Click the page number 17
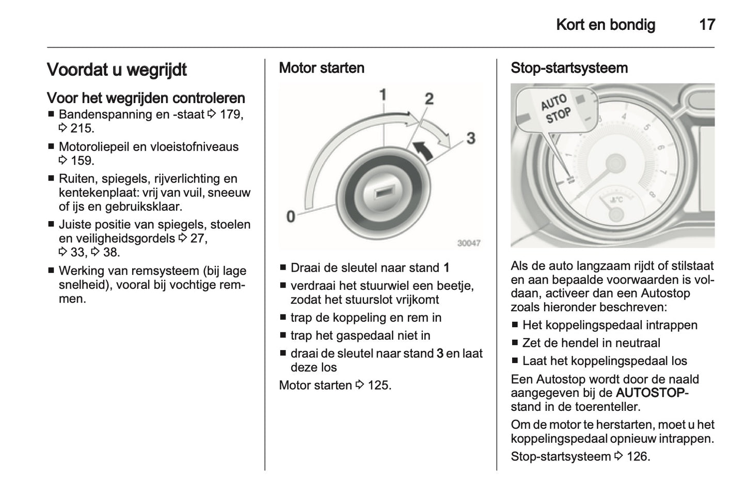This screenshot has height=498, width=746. pos(707,24)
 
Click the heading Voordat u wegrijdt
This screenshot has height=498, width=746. pos(117,70)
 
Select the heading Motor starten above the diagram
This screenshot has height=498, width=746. pos(321,68)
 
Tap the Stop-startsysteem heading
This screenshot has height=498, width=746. pos(569,68)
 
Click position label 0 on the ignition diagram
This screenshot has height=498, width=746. pos(291,216)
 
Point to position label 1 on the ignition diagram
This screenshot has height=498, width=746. pos(383,94)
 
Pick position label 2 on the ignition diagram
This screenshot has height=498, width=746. pos(429,98)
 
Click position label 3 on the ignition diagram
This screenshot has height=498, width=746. pos(470,138)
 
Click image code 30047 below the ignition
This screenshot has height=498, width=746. pos(469,243)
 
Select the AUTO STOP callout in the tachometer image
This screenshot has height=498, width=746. pos(555,109)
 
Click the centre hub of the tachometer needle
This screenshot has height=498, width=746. pos(614,163)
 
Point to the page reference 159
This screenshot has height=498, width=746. pos(82,161)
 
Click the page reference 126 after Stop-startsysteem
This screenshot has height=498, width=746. pos(637,457)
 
